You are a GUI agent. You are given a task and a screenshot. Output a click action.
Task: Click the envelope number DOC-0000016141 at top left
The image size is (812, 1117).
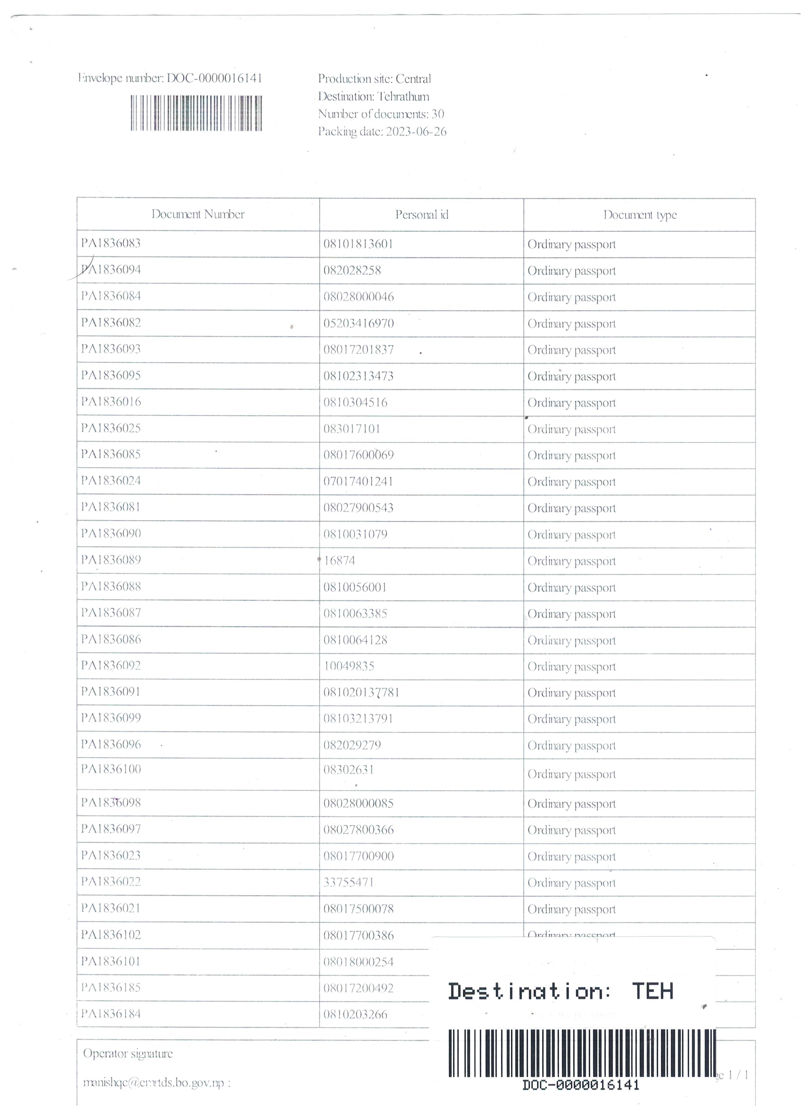pos(170,78)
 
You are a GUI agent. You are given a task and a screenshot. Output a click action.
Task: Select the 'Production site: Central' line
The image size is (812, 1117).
pos(374,79)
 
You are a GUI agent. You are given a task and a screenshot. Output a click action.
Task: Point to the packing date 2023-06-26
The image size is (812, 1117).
pos(382,132)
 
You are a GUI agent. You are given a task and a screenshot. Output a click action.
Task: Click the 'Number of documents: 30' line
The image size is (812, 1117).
pos(381,114)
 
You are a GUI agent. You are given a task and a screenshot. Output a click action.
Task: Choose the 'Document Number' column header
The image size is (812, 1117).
pos(198,214)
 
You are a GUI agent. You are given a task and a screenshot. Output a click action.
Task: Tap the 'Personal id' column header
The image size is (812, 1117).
pos(422,215)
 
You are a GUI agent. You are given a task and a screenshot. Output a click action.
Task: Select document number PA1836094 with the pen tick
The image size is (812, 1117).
pos(111,270)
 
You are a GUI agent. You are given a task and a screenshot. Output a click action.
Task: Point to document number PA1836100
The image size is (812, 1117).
pos(111,769)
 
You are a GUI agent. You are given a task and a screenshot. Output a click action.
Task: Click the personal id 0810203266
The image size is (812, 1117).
pos(355,1014)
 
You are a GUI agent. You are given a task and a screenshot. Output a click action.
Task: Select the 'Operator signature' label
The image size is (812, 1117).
pos(128,1054)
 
